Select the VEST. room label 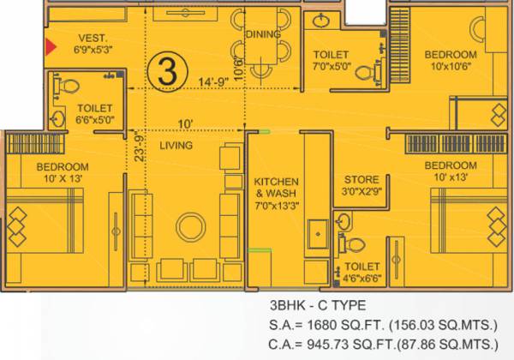coord(92,38)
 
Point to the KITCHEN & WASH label coord(276,188)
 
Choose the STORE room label coord(362,179)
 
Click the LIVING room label coord(176,146)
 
